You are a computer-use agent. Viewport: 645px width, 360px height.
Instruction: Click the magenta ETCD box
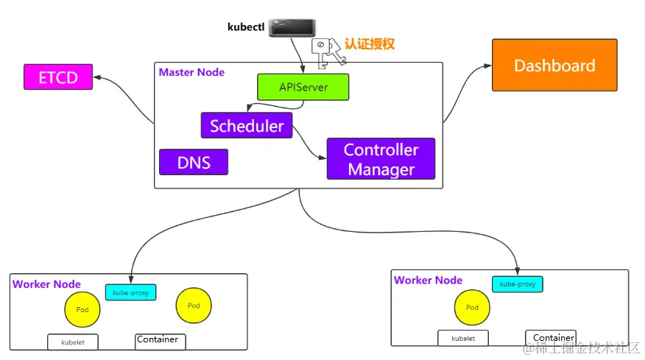coord(58,77)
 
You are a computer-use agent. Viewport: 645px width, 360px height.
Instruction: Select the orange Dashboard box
coord(554,66)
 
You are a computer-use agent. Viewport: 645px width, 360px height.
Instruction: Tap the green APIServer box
coord(303,87)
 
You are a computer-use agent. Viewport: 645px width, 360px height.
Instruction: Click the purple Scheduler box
coord(247,125)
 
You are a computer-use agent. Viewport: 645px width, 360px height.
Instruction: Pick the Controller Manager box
coord(381,159)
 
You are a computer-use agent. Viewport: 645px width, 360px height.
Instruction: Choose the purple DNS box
coord(194,162)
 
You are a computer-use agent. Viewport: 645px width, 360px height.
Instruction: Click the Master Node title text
coord(191,72)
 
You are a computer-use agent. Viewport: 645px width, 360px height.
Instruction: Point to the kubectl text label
coord(245,27)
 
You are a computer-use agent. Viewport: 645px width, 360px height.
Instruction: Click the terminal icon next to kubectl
coord(292,27)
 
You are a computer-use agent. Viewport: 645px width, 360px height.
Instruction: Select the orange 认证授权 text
coord(370,44)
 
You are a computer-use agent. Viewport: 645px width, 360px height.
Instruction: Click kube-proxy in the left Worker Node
coord(131,292)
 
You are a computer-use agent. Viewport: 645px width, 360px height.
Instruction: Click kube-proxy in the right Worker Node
coord(517,284)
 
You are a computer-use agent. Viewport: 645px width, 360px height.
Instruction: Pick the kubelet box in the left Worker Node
coord(72,342)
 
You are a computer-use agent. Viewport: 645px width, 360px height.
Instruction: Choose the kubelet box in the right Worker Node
coord(462,339)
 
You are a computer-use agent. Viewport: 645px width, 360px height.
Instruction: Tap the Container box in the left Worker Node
coord(160,342)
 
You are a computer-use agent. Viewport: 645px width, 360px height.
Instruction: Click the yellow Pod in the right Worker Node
coord(473,308)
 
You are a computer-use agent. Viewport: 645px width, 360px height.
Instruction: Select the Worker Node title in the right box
coord(428,280)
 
